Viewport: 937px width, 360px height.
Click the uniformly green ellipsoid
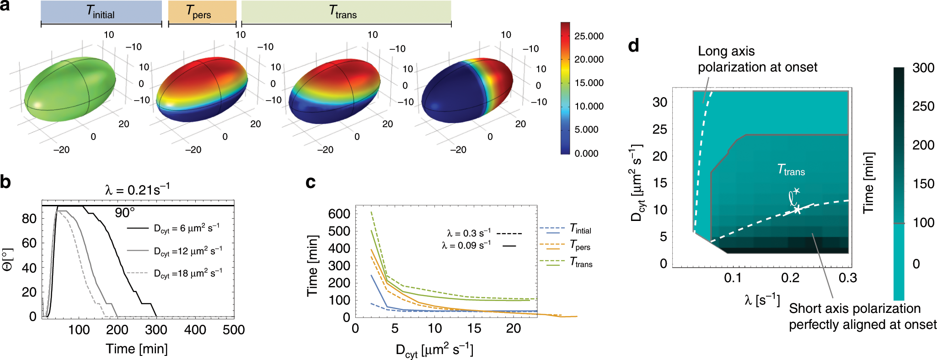(x=70, y=89)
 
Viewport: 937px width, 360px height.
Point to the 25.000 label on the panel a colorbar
(x=589, y=36)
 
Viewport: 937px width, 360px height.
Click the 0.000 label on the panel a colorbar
(x=586, y=154)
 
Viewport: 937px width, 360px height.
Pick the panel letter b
(x=5, y=183)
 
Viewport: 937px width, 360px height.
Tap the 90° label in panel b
(x=124, y=213)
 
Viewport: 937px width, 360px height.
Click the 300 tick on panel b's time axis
(x=156, y=330)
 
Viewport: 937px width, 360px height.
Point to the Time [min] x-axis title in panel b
(x=137, y=349)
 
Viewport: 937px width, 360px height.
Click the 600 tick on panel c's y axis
(x=339, y=214)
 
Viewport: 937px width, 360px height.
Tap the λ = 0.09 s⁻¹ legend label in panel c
(x=466, y=246)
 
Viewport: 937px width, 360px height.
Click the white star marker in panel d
(x=797, y=210)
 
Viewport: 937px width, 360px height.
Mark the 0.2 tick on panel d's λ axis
(x=790, y=278)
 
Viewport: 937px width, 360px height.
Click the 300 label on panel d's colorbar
(x=923, y=68)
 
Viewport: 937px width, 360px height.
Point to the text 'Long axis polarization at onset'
(x=757, y=59)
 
